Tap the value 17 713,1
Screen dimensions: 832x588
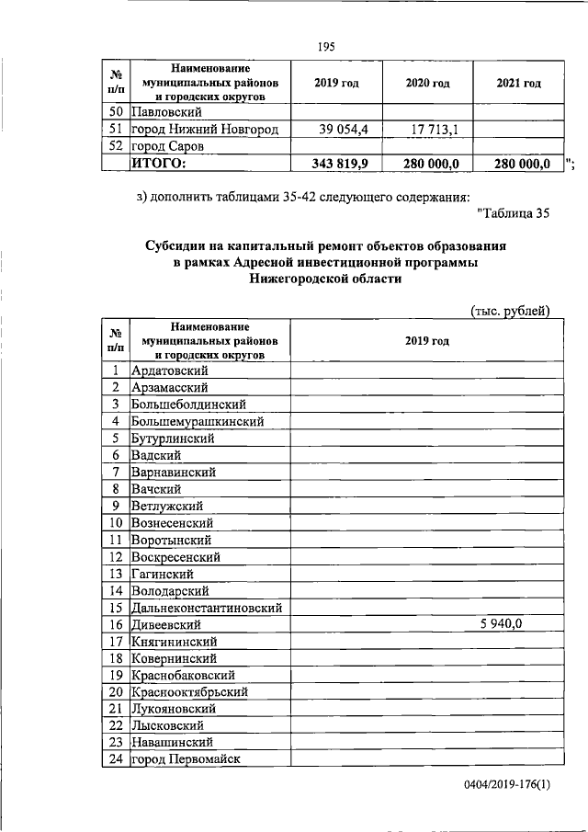[427, 129]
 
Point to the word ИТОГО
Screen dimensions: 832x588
[159, 164]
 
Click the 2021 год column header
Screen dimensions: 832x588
[518, 83]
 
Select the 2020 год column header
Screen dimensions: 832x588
[427, 83]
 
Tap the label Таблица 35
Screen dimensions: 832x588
[514, 214]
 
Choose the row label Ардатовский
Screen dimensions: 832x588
[170, 370]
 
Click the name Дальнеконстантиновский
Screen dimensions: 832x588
[206, 607]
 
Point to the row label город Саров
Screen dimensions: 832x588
[165, 146]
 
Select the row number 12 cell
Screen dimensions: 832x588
[116, 556]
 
